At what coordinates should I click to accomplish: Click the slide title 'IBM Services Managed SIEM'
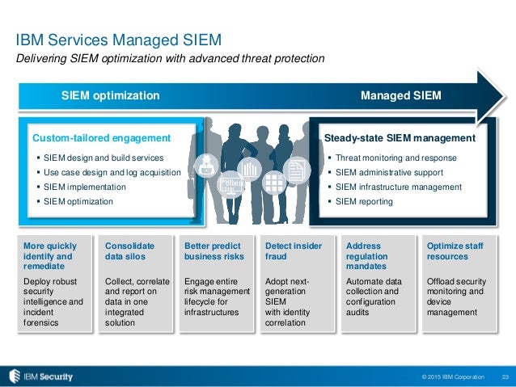(119, 38)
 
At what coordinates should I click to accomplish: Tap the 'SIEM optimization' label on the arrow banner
(111, 96)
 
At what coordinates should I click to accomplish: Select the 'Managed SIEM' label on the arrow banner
(400, 96)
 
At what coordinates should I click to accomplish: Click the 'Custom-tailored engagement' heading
(101, 138)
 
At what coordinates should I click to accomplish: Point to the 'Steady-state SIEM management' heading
(399, 138)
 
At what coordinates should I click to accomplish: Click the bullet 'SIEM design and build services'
(104, 158)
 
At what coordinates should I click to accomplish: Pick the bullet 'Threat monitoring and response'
(395, 158)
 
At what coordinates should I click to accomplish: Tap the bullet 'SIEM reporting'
(364, 201)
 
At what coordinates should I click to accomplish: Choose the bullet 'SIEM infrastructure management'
(398, 187)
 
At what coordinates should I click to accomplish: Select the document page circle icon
(296, 170)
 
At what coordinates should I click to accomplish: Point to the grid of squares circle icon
(273, 185)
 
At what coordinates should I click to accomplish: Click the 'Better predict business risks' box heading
(214, 250)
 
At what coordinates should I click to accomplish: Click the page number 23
(505, 377)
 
